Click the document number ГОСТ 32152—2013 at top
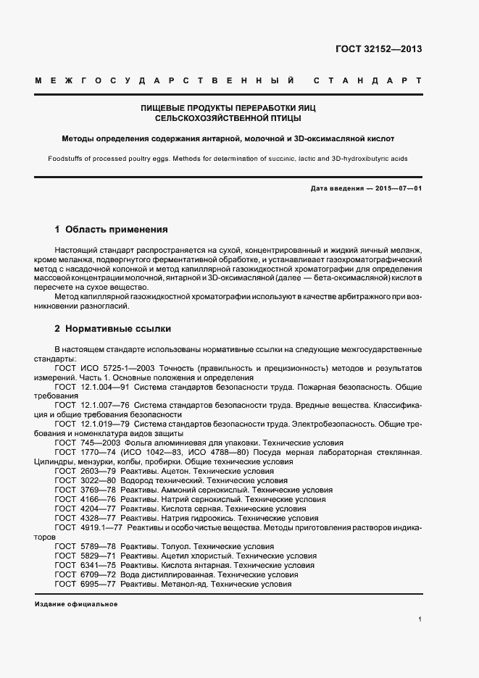point(378,49)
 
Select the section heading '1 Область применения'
point(111,230)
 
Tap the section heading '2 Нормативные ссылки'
point(112,329)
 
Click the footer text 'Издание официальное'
point(76,604)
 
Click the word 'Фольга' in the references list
point(141,443)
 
